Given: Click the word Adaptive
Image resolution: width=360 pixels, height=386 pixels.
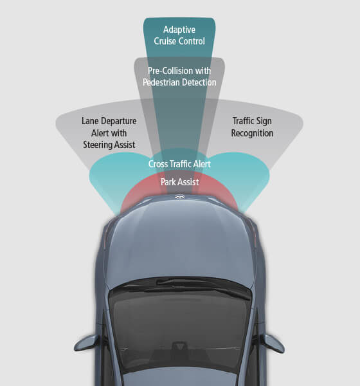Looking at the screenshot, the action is coord(179,30).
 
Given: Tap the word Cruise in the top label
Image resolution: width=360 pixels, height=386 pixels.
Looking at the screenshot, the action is coord(165,41).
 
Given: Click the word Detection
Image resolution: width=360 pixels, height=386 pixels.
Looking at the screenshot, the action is coord(199,82).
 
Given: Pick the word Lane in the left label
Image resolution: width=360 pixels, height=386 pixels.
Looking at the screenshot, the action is coord(90,121).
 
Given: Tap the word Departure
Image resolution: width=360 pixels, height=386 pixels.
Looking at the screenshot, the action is coord(119,122).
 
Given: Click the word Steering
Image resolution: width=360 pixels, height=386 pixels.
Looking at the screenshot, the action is coord(96,145).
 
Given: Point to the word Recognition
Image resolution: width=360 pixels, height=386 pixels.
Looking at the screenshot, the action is coord(252,133).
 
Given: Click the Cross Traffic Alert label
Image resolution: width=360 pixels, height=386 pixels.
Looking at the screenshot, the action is coord(179,164).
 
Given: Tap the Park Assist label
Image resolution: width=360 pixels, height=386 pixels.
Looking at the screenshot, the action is coord(179,182).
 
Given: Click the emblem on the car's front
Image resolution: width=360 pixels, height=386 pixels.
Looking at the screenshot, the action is coord(179,197).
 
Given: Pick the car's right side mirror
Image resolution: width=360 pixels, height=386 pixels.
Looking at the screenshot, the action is coord(273,344).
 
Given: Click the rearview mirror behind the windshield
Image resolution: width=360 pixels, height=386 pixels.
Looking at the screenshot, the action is coord(179,345).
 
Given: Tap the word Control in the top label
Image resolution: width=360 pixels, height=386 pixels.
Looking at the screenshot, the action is coord(192,41).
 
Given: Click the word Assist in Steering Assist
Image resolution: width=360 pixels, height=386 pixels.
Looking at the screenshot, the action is coord(123,145).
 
